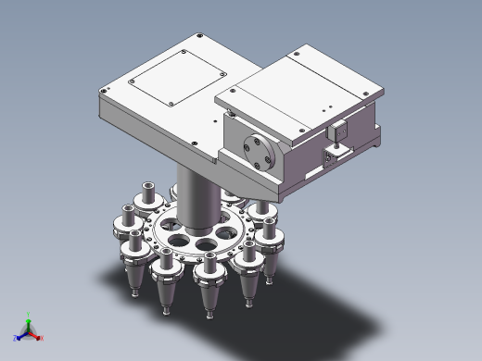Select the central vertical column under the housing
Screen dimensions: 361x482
pos(195,193)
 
